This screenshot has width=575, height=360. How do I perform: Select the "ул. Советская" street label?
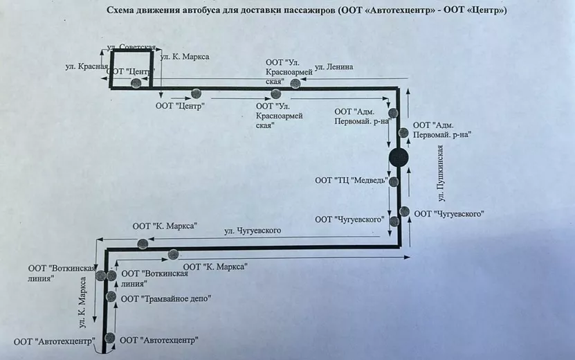coord(131,47)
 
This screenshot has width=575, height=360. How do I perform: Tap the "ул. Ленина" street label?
coord(334,67)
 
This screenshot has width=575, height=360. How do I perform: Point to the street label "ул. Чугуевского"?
coord(253,231)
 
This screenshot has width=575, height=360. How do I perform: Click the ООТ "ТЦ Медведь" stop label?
coord(349,181)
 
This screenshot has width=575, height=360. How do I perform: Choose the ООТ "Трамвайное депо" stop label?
coord(165,298)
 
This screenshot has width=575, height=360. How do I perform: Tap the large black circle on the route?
coord(399,158)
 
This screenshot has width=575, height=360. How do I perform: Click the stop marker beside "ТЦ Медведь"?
coord(394,182)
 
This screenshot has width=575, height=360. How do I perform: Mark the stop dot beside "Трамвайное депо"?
coord(111,296)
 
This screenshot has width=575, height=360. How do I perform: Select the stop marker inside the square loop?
coord(136,83)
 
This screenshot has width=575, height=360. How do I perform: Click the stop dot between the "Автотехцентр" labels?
coord(109,338)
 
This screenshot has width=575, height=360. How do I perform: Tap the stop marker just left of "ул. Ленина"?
coord(295,84)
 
